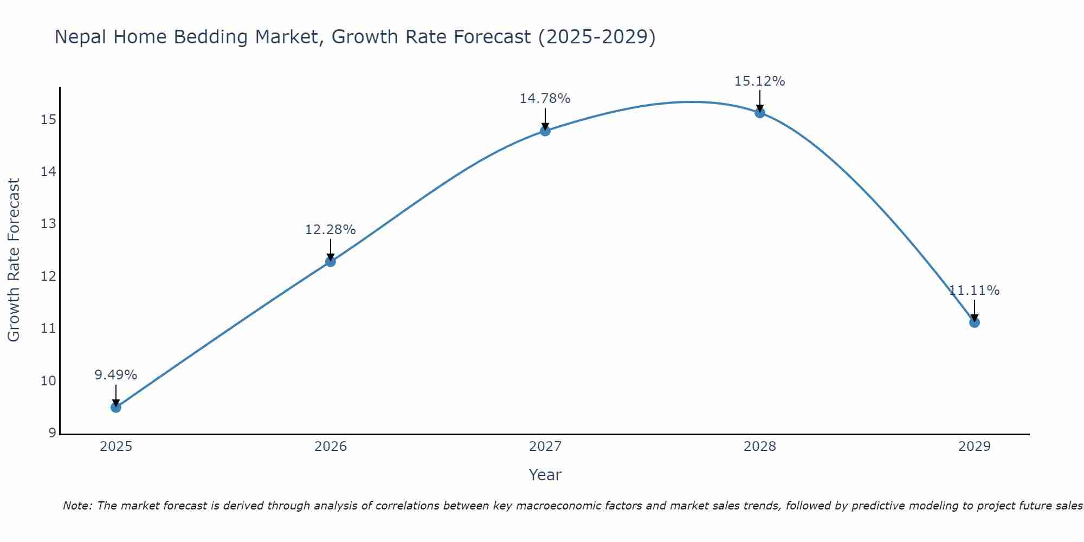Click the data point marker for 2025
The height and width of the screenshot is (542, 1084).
[115, 407]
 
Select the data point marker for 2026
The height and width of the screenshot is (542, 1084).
[330, 261]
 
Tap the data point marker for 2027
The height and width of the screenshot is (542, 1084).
[545, 131]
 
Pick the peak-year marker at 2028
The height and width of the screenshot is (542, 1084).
[759, 113]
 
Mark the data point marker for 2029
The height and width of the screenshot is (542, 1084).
[974, 322]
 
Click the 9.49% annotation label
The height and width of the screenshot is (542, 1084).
[115, 375]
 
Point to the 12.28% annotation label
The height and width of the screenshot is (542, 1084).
[330, 230]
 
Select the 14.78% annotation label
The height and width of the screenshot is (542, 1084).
[545, 99]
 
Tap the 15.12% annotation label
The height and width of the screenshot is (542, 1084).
[759, 81]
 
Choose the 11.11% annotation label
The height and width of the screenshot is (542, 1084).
[974, 291]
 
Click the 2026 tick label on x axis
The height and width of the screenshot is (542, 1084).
[331, 447]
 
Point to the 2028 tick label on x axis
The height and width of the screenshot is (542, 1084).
[759, 447]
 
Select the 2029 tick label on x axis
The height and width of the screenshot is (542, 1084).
[974, 447]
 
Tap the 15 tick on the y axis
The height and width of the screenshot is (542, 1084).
[48, 120]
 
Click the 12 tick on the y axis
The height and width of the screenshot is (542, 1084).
[48, 276]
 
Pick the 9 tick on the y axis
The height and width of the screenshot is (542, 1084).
[51, 433]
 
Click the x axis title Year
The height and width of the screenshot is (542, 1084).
[545, 475]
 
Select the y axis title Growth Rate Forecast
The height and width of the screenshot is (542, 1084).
[14, 260]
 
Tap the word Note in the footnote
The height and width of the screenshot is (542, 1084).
[76, 506]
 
